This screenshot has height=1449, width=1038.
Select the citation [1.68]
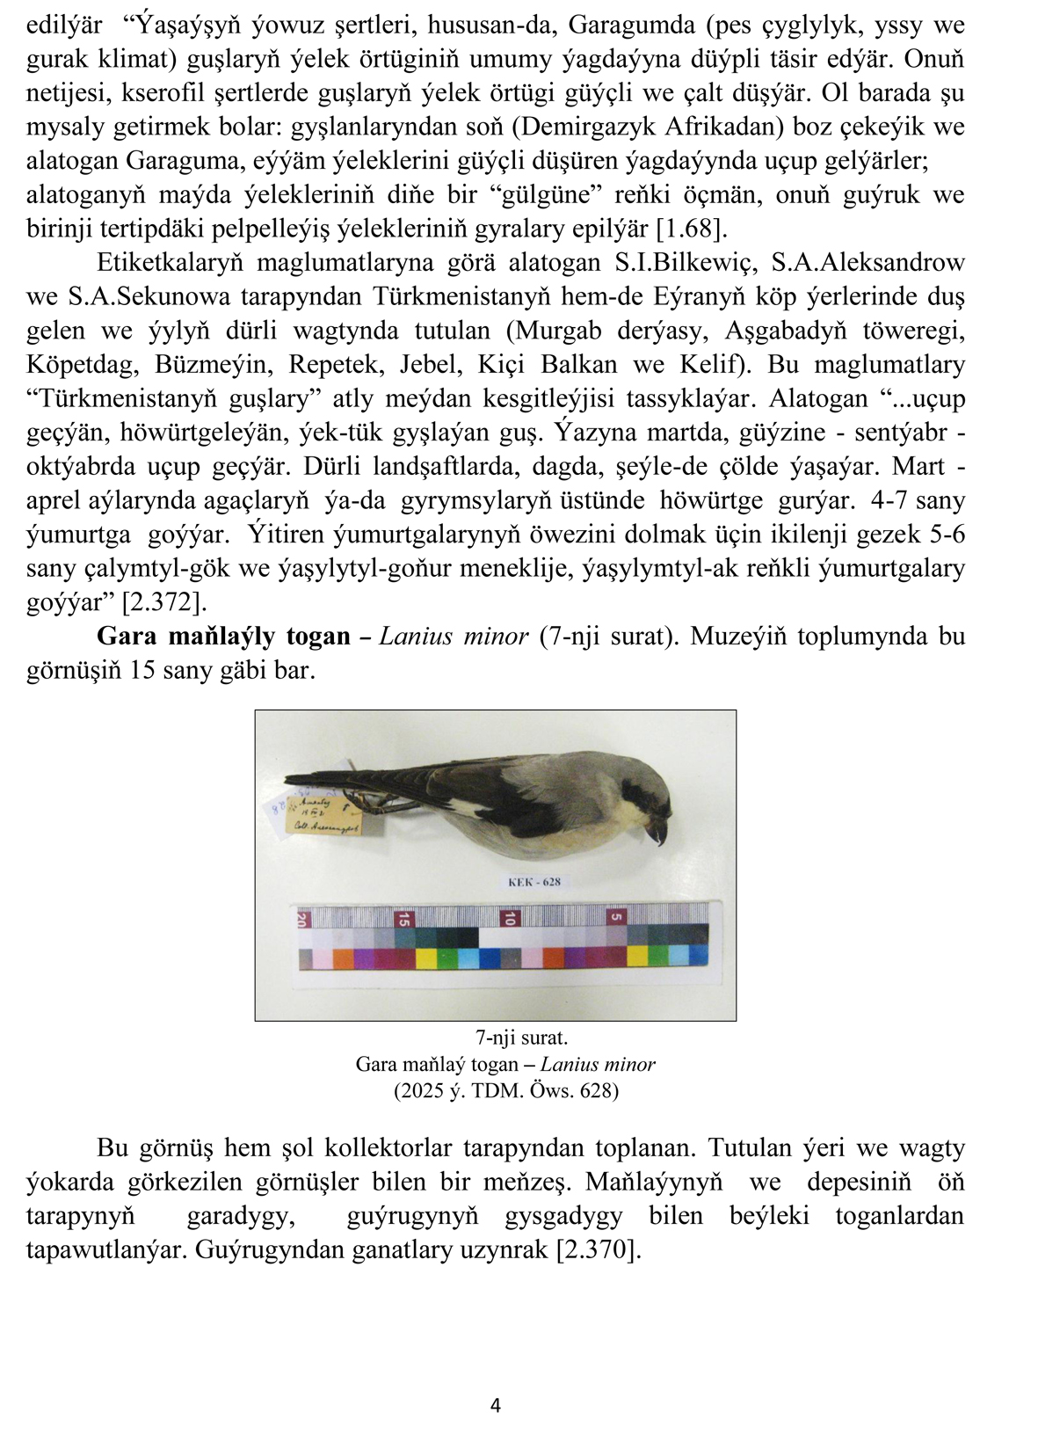click(693, 229)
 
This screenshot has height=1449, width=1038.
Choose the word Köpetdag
click(78, 365)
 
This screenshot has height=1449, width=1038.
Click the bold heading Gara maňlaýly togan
click(223, 636)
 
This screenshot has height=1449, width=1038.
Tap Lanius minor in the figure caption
click(598, 1065)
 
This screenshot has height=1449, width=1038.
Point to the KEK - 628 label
click(534, 882)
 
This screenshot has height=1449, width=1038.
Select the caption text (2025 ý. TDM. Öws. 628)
click(505, 1091)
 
